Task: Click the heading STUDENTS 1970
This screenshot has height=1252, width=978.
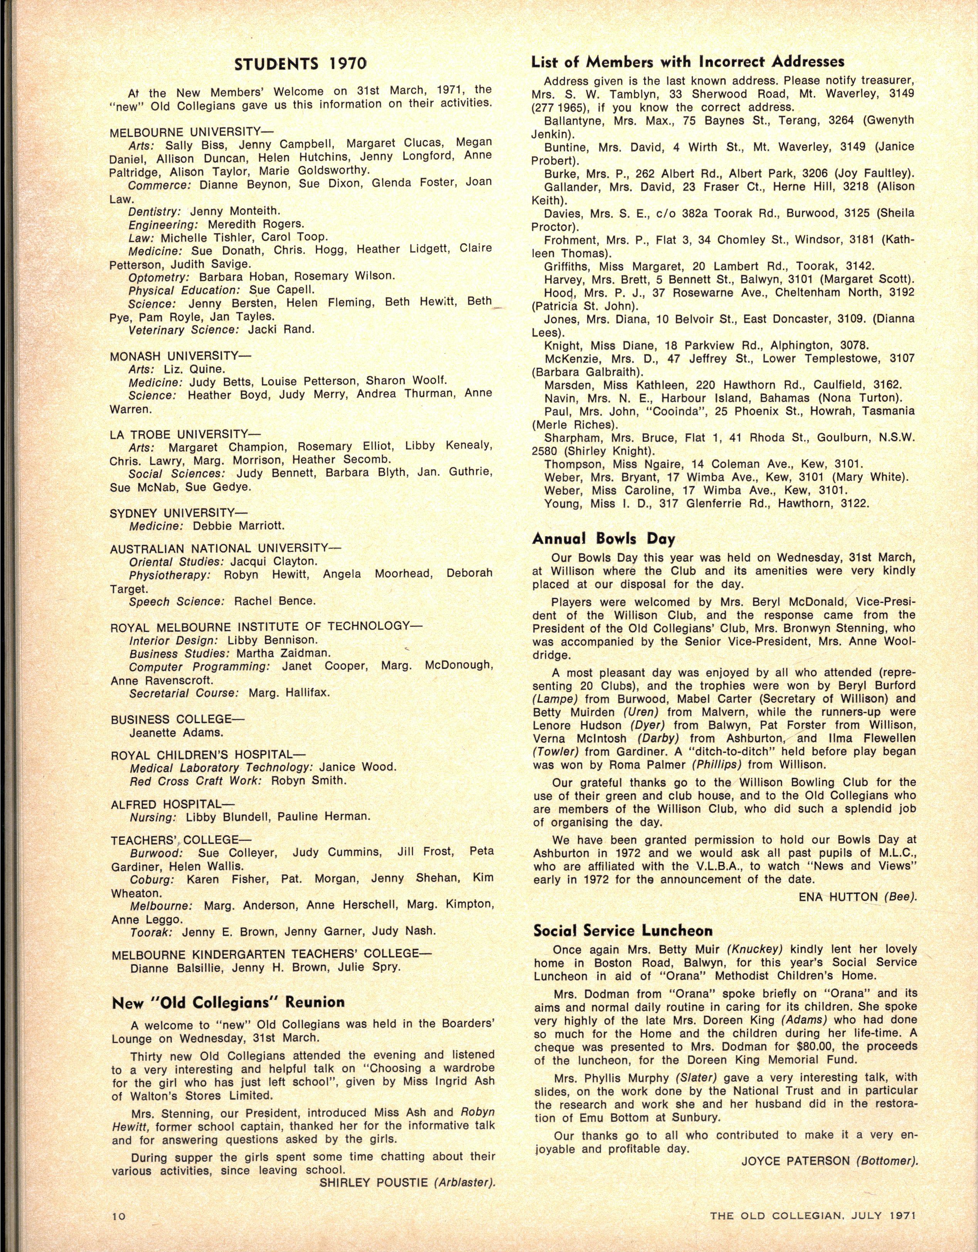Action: [300, 63]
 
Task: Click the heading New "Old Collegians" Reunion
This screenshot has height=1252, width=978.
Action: [228, 1002]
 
